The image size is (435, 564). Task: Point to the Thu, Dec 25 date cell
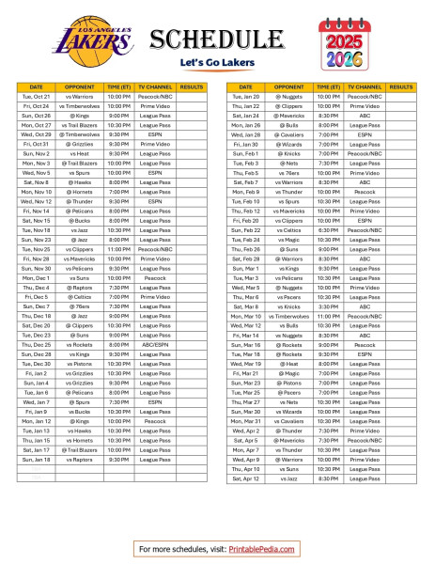(37, 344)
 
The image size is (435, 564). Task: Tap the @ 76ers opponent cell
(81, 306)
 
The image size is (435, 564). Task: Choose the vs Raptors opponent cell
(81, 459)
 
